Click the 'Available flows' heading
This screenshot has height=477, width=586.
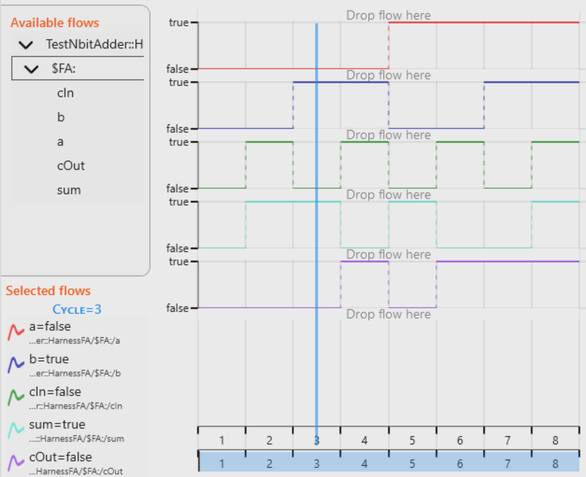(x=54, y=23)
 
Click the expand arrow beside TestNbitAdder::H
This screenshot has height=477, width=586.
(x=26, y=45)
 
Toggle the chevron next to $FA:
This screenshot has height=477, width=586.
(x=31, y=69)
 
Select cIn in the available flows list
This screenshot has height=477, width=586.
(x=65, y=93)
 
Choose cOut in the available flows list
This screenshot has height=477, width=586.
(x=71, y=165)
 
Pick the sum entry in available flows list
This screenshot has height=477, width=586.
(x=69, y=190)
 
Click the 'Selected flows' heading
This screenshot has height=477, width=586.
(x=48, y=291)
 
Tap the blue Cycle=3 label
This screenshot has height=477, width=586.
(x=77, y=309)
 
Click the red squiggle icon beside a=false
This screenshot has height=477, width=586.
(x=16, y=332)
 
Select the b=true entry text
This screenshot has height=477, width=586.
(x=49, y=359)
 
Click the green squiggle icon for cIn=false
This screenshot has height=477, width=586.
(x=16, y=397)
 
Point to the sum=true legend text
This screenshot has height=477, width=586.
(x=57, y=424)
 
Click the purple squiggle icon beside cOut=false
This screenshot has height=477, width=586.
(x=16, y=462)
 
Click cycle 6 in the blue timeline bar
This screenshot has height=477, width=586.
(x=460, y=464)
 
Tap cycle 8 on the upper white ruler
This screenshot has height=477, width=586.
(x=555, y=440)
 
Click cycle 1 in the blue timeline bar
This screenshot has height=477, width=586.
(x=222, y=464)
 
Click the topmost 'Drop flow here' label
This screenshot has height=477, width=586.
(x=388, y=15)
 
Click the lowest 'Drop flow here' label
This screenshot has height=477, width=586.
(x=388, y=314)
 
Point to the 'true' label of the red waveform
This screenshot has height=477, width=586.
(x=178, y=22)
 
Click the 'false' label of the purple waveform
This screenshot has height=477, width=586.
(x=177, y=308)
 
